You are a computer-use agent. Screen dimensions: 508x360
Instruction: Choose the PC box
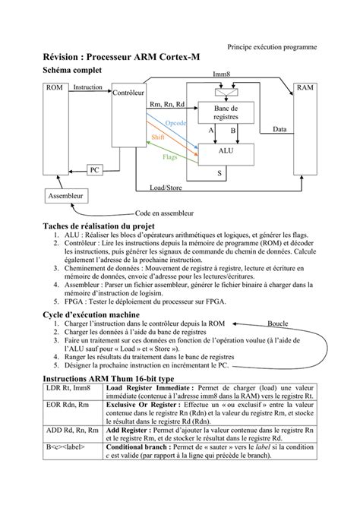pyautogui.click(x=94, y=170)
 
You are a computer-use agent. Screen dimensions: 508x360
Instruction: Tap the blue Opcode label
pyautogui.click(x=175, y=122)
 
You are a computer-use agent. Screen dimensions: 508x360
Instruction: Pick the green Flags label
pyautogui.click(x=171, y=157)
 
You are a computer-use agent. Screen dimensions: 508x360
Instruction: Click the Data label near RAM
pyautogui.click(x=279, y=130)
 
